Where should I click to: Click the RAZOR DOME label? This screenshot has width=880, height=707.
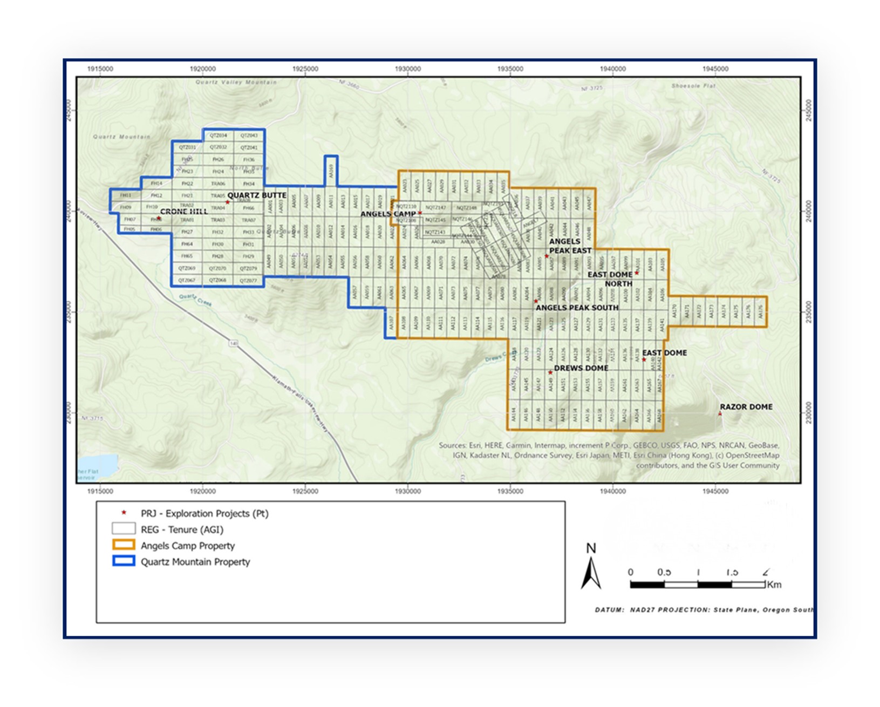746,407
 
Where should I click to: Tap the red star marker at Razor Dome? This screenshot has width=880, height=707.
720,413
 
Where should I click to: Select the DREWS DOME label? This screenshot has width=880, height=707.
581,368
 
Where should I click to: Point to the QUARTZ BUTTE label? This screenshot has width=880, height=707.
257,195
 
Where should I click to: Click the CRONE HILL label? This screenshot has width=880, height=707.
184,212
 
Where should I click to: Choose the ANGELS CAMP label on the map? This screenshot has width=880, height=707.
388,214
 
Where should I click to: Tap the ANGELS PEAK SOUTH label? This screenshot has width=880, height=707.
577,308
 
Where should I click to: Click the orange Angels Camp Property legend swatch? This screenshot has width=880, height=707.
123,545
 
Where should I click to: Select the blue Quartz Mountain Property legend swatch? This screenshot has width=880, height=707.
123,561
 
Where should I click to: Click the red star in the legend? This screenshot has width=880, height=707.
124,513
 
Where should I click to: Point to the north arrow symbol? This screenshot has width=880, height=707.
591,572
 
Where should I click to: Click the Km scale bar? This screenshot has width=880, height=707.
698,584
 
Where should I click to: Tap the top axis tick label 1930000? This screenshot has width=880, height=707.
407,69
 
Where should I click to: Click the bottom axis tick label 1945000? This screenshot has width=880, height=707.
715,491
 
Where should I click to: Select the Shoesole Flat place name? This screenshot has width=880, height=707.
693,86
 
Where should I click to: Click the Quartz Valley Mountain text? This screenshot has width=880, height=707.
236,82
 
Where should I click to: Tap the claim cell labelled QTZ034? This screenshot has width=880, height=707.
218,135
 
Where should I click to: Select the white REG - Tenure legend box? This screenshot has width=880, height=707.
123,528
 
